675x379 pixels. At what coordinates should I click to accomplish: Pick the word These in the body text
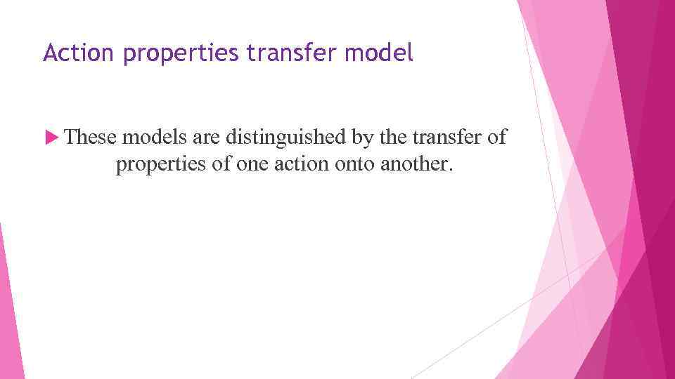coord(94,137)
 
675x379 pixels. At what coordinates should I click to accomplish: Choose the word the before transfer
coord(392,137)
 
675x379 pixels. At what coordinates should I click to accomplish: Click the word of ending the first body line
coord(496,137)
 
